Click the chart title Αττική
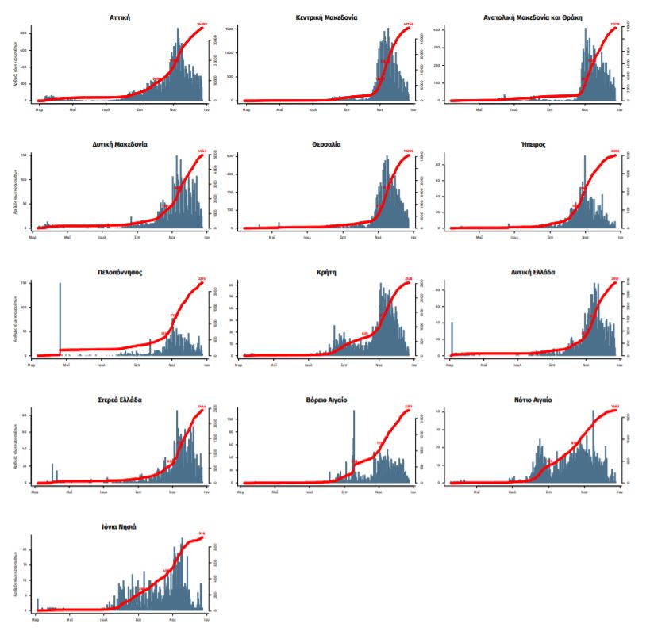pyautogui.click(x=121, y=17)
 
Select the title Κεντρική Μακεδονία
pyautogui.click(x=326, y=17)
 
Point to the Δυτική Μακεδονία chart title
pyautogui.click(x=121, y=144)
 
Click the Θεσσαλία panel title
pyautogui.click(x=326, y=144)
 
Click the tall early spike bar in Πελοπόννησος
pyautogui.click(x=60, y=317)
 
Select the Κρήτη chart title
pyautogui.click(x=326, y=271)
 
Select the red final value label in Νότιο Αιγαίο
pyautogui.click(x=613, y=407)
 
